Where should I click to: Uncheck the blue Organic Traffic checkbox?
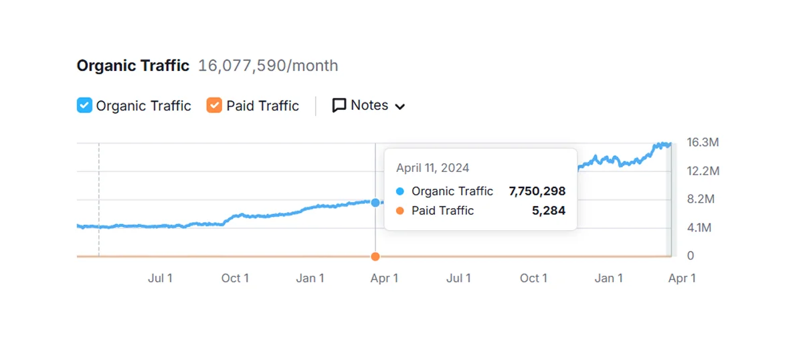coord(84,106)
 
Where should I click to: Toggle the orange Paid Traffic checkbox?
coord(214,106)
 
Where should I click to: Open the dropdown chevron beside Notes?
coord(400,106)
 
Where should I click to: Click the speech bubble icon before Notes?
coord(339,106)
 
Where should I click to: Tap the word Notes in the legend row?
coord(369,106)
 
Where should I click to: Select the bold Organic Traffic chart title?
coord(133,66)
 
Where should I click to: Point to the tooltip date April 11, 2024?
coord(432,168)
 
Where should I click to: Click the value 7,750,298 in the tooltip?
coord(537,191)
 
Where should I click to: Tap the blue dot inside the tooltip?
coord(399,191)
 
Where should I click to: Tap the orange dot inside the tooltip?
coord(399,211)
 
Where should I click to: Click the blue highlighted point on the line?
coord(375,202)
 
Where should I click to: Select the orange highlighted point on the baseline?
coord(375,256)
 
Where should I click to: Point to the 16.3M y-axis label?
coord(703,143)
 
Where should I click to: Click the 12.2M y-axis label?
coord(703,171)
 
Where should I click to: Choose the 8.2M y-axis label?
coord(701,199)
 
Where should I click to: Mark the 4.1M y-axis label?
coord(700,228)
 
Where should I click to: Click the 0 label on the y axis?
coord(691,256)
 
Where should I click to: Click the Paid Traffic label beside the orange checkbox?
coord(262,106)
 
